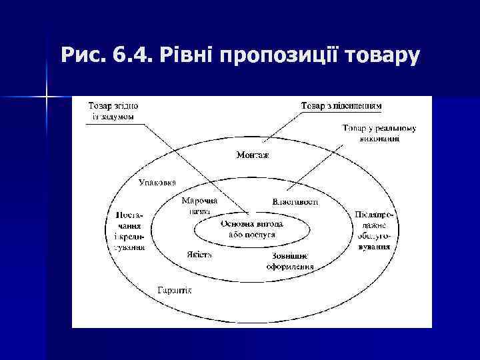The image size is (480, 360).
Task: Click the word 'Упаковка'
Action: pos(157,181)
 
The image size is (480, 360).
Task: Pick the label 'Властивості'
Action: pos(295,201)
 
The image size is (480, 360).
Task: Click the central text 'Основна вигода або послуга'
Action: pos(252,230)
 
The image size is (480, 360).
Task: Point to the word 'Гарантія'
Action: pos(175,290)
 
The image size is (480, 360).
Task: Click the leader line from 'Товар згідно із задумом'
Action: pos(193,167)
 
